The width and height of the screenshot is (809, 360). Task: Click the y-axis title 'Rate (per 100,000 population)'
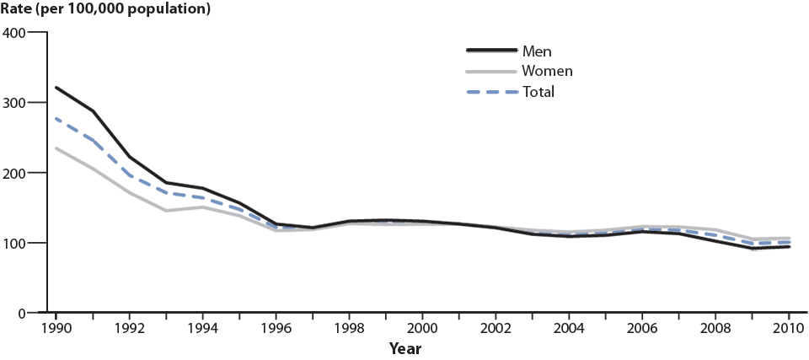tap(105, 10)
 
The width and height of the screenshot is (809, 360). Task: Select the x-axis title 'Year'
tap(405, 347)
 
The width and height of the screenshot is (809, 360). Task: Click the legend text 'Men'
tap(537, 51)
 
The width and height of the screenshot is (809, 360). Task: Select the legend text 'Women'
tap(548, 71)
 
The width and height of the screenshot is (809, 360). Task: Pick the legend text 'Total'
tap(538, 91)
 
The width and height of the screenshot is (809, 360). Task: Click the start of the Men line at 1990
tap(56, 87)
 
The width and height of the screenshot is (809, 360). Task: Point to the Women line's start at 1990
tap(56, 148)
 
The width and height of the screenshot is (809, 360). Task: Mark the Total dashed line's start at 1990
tap(56, 119)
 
